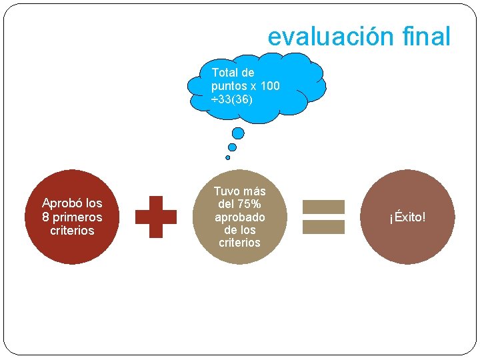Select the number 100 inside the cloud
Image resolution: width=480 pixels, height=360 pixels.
tap(270, 86)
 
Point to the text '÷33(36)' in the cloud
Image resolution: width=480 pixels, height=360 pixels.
tap(231, 99)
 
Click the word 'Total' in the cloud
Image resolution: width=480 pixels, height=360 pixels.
tap(224, 73)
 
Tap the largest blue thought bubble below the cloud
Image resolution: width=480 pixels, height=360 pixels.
tap(238, 133)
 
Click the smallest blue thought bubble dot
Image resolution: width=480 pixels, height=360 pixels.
tap(228, 157)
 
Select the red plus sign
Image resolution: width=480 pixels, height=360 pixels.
tap(156, 217)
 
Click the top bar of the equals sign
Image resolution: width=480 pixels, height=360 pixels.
tap(324, 207)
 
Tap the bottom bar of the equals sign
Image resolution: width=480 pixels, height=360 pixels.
tap(324, 227)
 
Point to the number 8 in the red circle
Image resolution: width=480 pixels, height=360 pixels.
tap(45, 217)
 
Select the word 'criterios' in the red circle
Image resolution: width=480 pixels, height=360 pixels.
tap(72, 231)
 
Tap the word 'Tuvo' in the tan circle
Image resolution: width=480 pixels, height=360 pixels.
tap(226, 191)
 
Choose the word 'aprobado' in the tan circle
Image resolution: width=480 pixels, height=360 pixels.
tap(239, 217)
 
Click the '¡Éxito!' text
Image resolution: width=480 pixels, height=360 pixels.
tap(408, 217)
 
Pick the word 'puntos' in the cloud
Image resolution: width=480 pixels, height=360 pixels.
tap(229, 86)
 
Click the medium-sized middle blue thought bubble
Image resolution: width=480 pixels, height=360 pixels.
tap(232, 147)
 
